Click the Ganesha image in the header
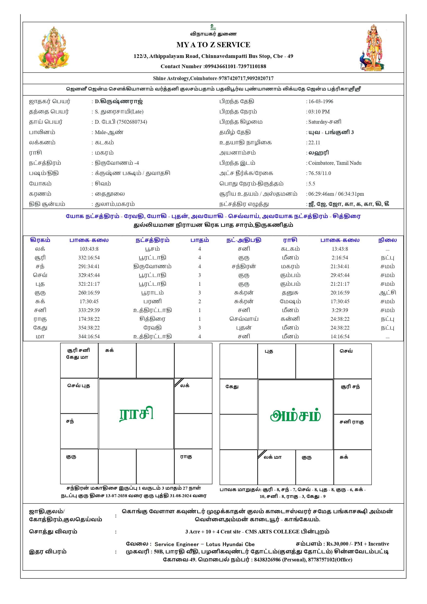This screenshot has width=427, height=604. [54, 47]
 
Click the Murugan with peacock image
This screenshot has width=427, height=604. [372, 48]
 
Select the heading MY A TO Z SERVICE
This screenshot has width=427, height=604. [213, 45]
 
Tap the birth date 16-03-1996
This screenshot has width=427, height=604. [321, 101]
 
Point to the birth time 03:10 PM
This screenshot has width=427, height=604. [319, 112]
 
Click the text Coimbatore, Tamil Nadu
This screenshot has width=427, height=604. [335, 163]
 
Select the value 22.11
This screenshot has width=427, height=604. [314, 143]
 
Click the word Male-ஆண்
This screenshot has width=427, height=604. [109, 132]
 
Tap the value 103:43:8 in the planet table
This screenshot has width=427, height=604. [89, 249]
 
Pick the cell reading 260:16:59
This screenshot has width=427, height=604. [89, 293]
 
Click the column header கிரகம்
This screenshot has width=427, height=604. [40, 240]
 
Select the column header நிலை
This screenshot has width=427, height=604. [387, 240]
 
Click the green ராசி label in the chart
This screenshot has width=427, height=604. [136, 413]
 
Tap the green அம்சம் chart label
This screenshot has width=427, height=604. [296, 416]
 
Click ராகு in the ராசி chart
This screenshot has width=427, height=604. [186, 457]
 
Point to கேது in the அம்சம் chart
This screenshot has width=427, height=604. [232, 386]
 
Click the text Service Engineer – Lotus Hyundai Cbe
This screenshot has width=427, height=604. [204, 544]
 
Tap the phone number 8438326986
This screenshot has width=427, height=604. [267, 559]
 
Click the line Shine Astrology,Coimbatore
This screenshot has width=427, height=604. [213, 78]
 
